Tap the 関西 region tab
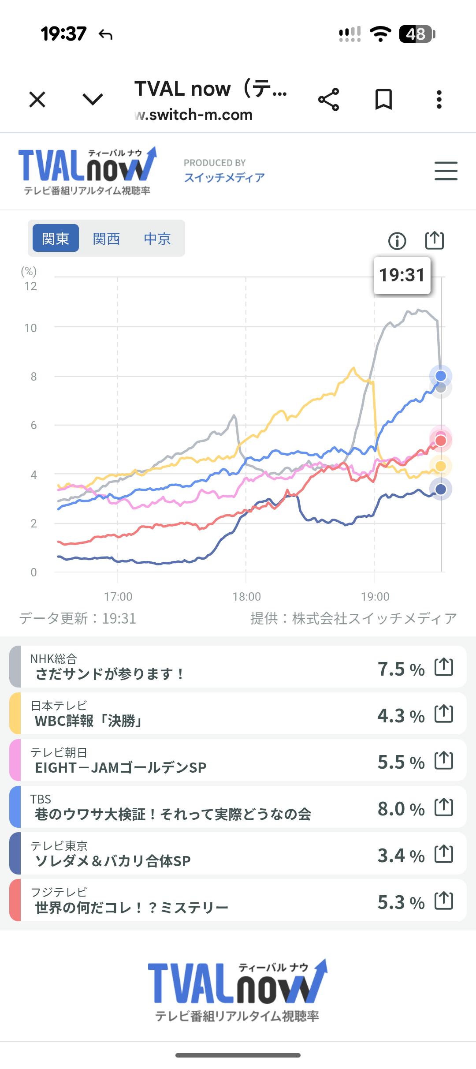point(106,239)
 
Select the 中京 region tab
point(157,239)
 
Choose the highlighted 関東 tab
point(56,239)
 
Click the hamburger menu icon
point(446,171)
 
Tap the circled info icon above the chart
point(397,241)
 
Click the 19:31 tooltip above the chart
point(402,275)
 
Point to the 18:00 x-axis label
point(246,597)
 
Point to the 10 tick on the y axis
point(31,328)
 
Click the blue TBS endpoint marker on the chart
point(441,376)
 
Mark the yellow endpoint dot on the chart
point(441,466)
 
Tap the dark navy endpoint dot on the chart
point(441,489)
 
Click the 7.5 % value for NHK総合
point(401,669)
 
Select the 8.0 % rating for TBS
point(401,809)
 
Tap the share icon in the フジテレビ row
point(444,901)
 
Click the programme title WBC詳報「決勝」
point(88,721)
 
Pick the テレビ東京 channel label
point(59,845)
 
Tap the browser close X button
point(37,99)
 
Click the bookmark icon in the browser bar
point(383,99)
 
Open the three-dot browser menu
point(439,99)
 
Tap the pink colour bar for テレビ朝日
point(15,760)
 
